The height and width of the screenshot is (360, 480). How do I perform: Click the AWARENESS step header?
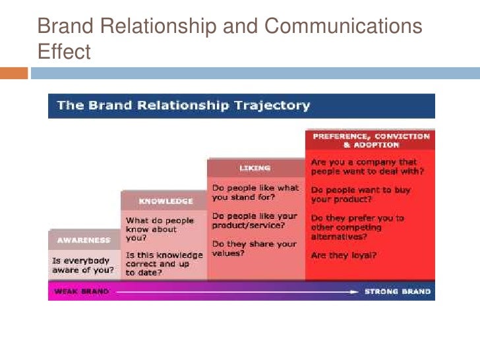tap(83, 240)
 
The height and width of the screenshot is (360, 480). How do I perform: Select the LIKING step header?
tap(255, 168)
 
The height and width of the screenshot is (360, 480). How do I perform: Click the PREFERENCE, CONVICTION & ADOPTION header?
tap(371, 140)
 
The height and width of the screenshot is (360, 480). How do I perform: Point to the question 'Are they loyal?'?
tap(343, 255)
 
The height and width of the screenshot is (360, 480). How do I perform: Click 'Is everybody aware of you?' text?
tap(83, 265)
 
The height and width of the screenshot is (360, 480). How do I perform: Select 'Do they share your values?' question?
tap(254, 248)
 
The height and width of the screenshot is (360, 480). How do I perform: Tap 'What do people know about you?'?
tap(160, 229)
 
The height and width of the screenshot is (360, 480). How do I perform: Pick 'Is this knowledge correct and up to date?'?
tap(164, 263)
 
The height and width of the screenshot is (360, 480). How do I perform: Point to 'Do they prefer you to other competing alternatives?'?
tap(357, 227)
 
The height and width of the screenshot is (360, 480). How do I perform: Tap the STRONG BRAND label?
tap(398, 291)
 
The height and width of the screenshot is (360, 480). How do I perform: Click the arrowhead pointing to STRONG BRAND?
tap(354, 291)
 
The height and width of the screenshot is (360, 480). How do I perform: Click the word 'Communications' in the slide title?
tap(343, 26)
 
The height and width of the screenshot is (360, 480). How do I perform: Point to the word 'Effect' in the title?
tap(64, 51)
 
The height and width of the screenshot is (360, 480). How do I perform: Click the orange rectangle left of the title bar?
tap(14, 73)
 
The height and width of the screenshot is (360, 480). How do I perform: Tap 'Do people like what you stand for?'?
tap(254, 192)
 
